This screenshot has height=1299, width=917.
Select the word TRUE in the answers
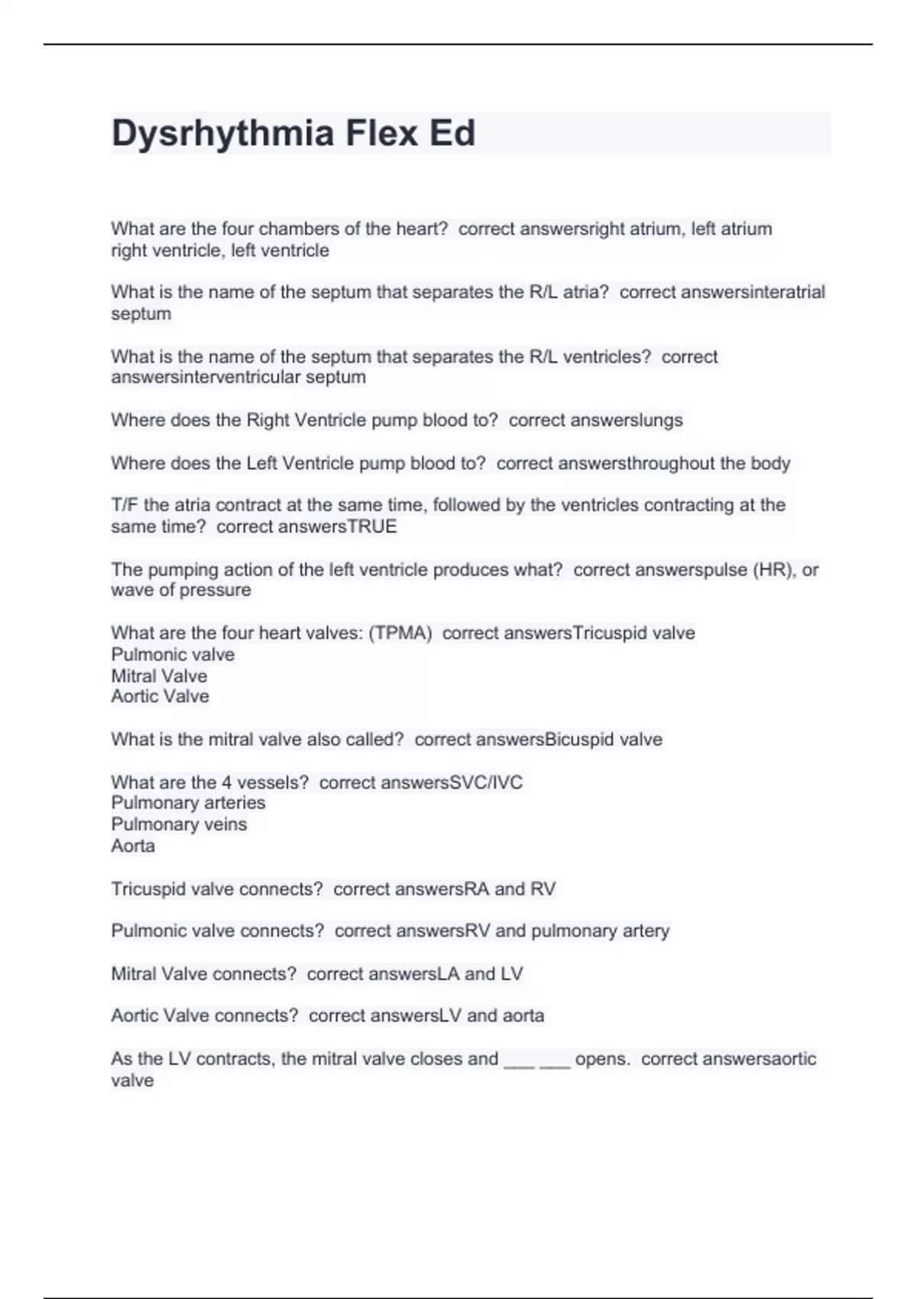coord(372,526)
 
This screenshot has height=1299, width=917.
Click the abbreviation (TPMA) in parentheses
coord(400,633)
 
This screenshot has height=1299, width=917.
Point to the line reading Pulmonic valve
coord(173,654)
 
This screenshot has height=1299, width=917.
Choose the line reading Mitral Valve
coord(159,675)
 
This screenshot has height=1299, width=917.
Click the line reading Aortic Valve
coord(160,696)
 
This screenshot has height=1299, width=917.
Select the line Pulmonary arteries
coord(188,802)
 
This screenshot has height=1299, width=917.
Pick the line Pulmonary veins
coord(179,824)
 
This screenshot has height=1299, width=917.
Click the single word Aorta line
coord(133,845)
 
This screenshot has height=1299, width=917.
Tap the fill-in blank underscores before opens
coord(536,1060)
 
